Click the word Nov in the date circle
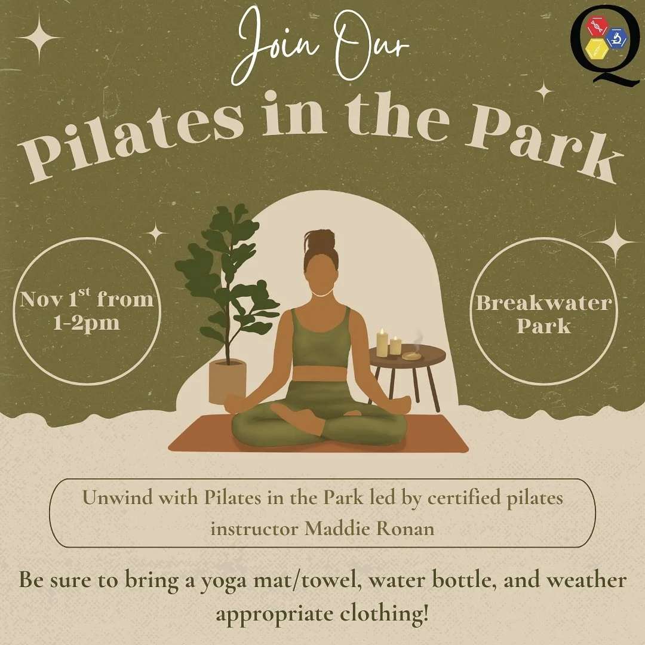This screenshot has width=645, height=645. tap(42, 299)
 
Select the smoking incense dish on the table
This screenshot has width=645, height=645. tap(411, 356)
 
